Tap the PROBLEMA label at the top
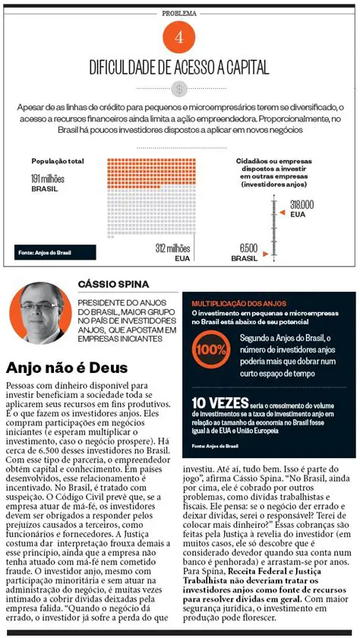179,14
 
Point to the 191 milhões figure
50,177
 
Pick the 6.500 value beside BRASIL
248,248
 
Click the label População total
58,161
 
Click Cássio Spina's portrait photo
36,312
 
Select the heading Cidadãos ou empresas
271,161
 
